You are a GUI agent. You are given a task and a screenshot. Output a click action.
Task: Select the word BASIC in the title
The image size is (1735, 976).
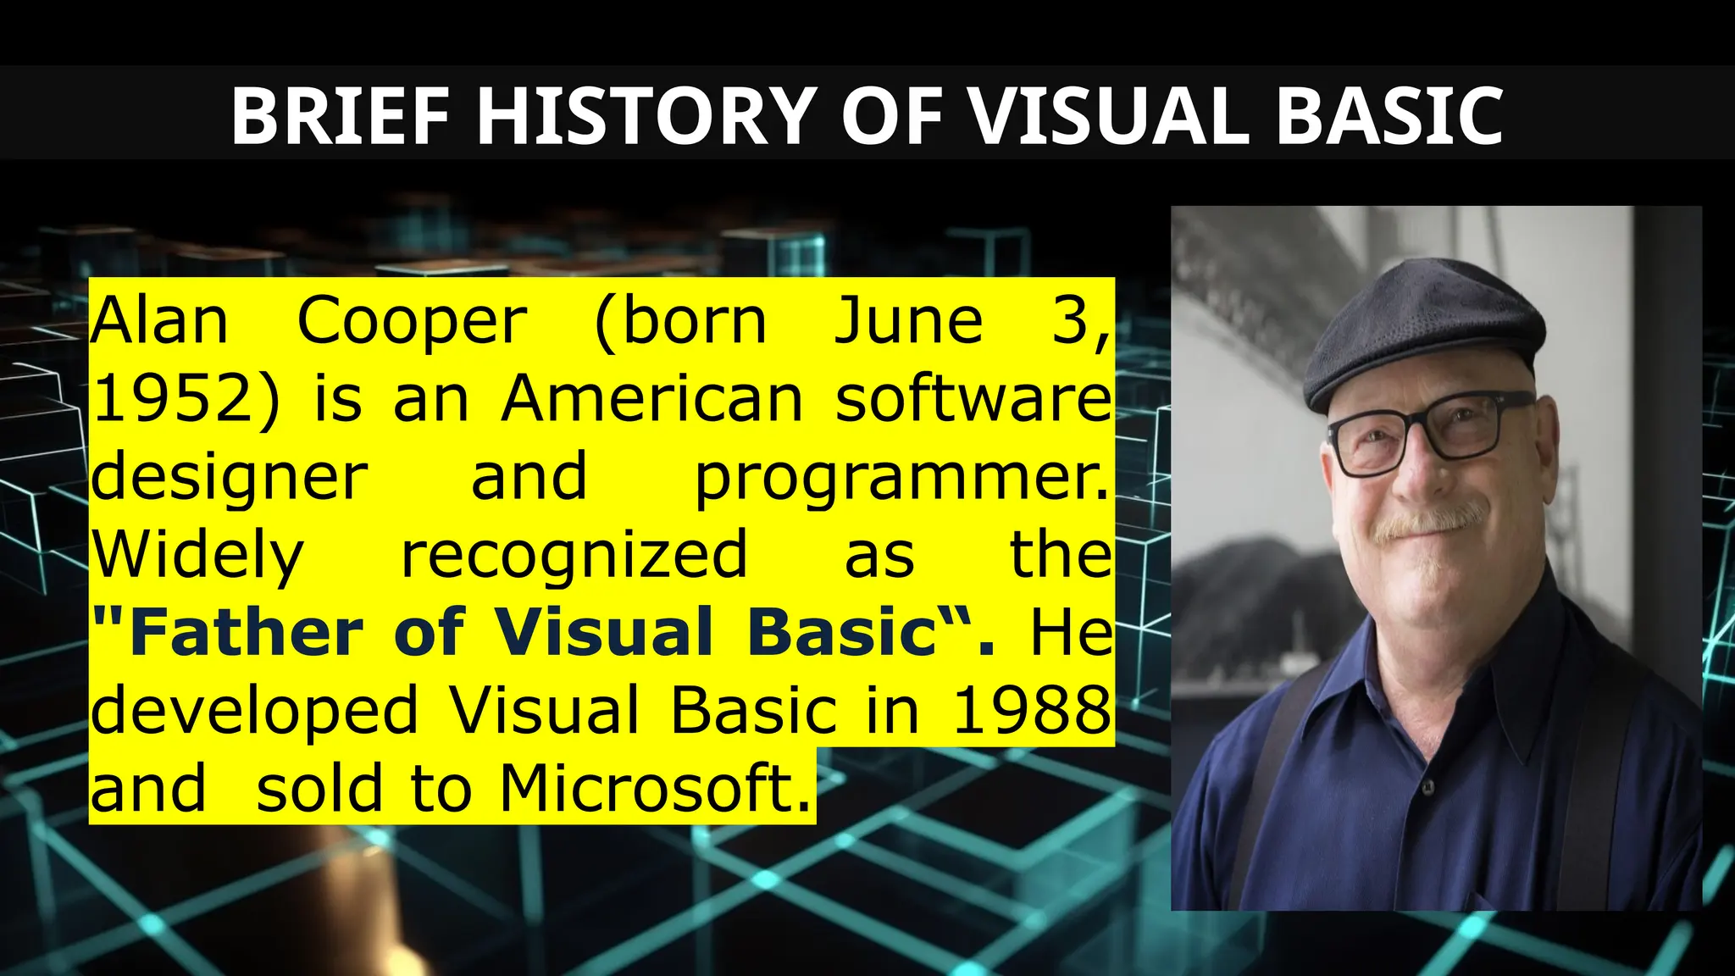1389,116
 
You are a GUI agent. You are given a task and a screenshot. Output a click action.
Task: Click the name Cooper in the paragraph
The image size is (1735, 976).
413,322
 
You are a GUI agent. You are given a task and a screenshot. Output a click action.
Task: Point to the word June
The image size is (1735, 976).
908,322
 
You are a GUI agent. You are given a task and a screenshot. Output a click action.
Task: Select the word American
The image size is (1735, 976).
651,399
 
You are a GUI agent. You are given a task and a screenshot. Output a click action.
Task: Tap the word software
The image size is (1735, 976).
973,399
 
